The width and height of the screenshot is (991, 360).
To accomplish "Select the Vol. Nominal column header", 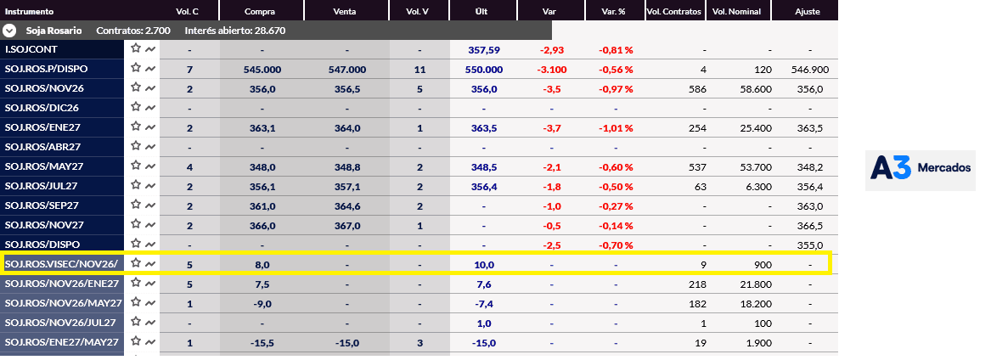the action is (x=736, y=11).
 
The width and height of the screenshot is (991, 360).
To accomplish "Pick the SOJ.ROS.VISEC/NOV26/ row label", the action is (x=61, y=264).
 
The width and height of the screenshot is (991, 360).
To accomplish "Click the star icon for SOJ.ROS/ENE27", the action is (x=136, y=127).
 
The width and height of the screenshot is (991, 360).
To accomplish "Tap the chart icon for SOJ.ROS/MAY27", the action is (x=150, y=166).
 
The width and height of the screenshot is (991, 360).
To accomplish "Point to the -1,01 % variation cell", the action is (x=616, y=128).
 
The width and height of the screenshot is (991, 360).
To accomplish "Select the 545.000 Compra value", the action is (x=262, y=70).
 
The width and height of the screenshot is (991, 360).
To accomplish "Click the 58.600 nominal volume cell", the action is (x=756, y=89).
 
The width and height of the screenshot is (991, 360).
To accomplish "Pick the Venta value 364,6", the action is (x=347, y=205).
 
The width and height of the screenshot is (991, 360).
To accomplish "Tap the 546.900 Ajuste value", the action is (x=809, y=70).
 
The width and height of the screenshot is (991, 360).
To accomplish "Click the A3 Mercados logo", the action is (x=921, y=169).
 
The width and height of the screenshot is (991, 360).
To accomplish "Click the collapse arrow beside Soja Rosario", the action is (x=9, y=31).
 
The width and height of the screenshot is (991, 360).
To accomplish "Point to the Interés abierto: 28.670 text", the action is (x=236, y=31).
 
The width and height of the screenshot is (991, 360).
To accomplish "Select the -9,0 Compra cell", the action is (x=262, y=304).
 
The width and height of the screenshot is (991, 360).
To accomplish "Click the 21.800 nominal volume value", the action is (x=756, y=284).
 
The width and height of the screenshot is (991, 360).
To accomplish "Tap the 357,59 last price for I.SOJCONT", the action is (x=483, y=50).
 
